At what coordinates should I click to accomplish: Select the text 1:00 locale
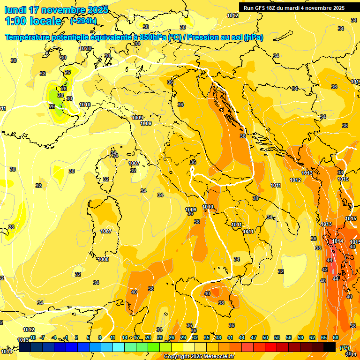tap(33, 21)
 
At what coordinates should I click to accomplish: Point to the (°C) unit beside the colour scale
tap(344, 348)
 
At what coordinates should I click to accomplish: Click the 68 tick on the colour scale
tap(336, 337)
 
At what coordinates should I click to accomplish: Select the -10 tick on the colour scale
tap(32, 337)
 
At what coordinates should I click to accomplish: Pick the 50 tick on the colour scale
tap(265, 337)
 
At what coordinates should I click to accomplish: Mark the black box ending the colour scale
tap(330, 347)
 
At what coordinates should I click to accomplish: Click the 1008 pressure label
tap(103, 259)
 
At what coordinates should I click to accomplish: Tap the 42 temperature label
tap(325, 270)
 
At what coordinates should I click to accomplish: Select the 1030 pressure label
tap(85, 48)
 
